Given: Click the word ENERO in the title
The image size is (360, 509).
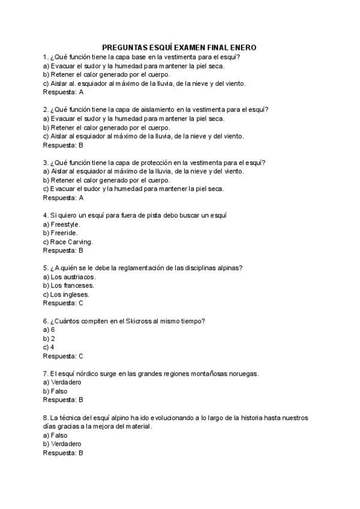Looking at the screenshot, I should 242,47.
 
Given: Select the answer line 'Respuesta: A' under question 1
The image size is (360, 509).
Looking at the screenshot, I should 63,92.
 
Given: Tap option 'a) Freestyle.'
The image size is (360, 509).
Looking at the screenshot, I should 62,224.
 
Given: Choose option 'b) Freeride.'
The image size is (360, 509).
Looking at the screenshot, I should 61,233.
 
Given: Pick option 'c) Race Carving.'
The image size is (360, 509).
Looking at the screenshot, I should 68,242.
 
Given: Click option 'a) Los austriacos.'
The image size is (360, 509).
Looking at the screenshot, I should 70,277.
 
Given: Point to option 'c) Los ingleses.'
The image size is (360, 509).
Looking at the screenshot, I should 67,295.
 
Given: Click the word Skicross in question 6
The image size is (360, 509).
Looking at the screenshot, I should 139,321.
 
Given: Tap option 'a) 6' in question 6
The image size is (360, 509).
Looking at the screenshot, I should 49,330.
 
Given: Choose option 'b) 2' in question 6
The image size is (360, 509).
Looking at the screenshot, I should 49,339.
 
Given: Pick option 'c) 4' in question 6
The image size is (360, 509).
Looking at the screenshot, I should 49,347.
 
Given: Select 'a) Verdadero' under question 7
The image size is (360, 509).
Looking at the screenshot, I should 62,382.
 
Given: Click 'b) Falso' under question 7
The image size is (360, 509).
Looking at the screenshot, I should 55,391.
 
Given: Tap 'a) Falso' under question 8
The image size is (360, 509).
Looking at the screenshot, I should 55,435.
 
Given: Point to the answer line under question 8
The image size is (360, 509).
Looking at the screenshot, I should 63,453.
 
